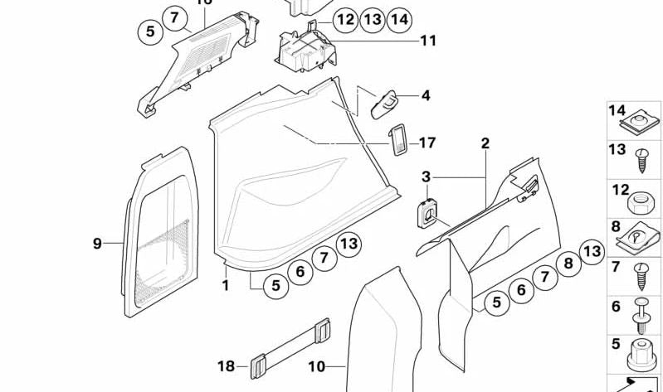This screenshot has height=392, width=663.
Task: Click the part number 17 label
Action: (427, 143)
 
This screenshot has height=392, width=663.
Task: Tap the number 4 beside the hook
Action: (426, 96)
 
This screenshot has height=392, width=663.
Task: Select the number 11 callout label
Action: (427, 40)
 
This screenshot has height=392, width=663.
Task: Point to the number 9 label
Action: (97, 244)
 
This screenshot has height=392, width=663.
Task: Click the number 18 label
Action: (227, 365)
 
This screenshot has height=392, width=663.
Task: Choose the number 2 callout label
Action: (485, 143)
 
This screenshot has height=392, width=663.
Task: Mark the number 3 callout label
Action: (426, 177)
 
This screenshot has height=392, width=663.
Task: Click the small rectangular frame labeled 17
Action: (398, 140)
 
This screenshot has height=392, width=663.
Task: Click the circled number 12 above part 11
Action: (345, 19)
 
